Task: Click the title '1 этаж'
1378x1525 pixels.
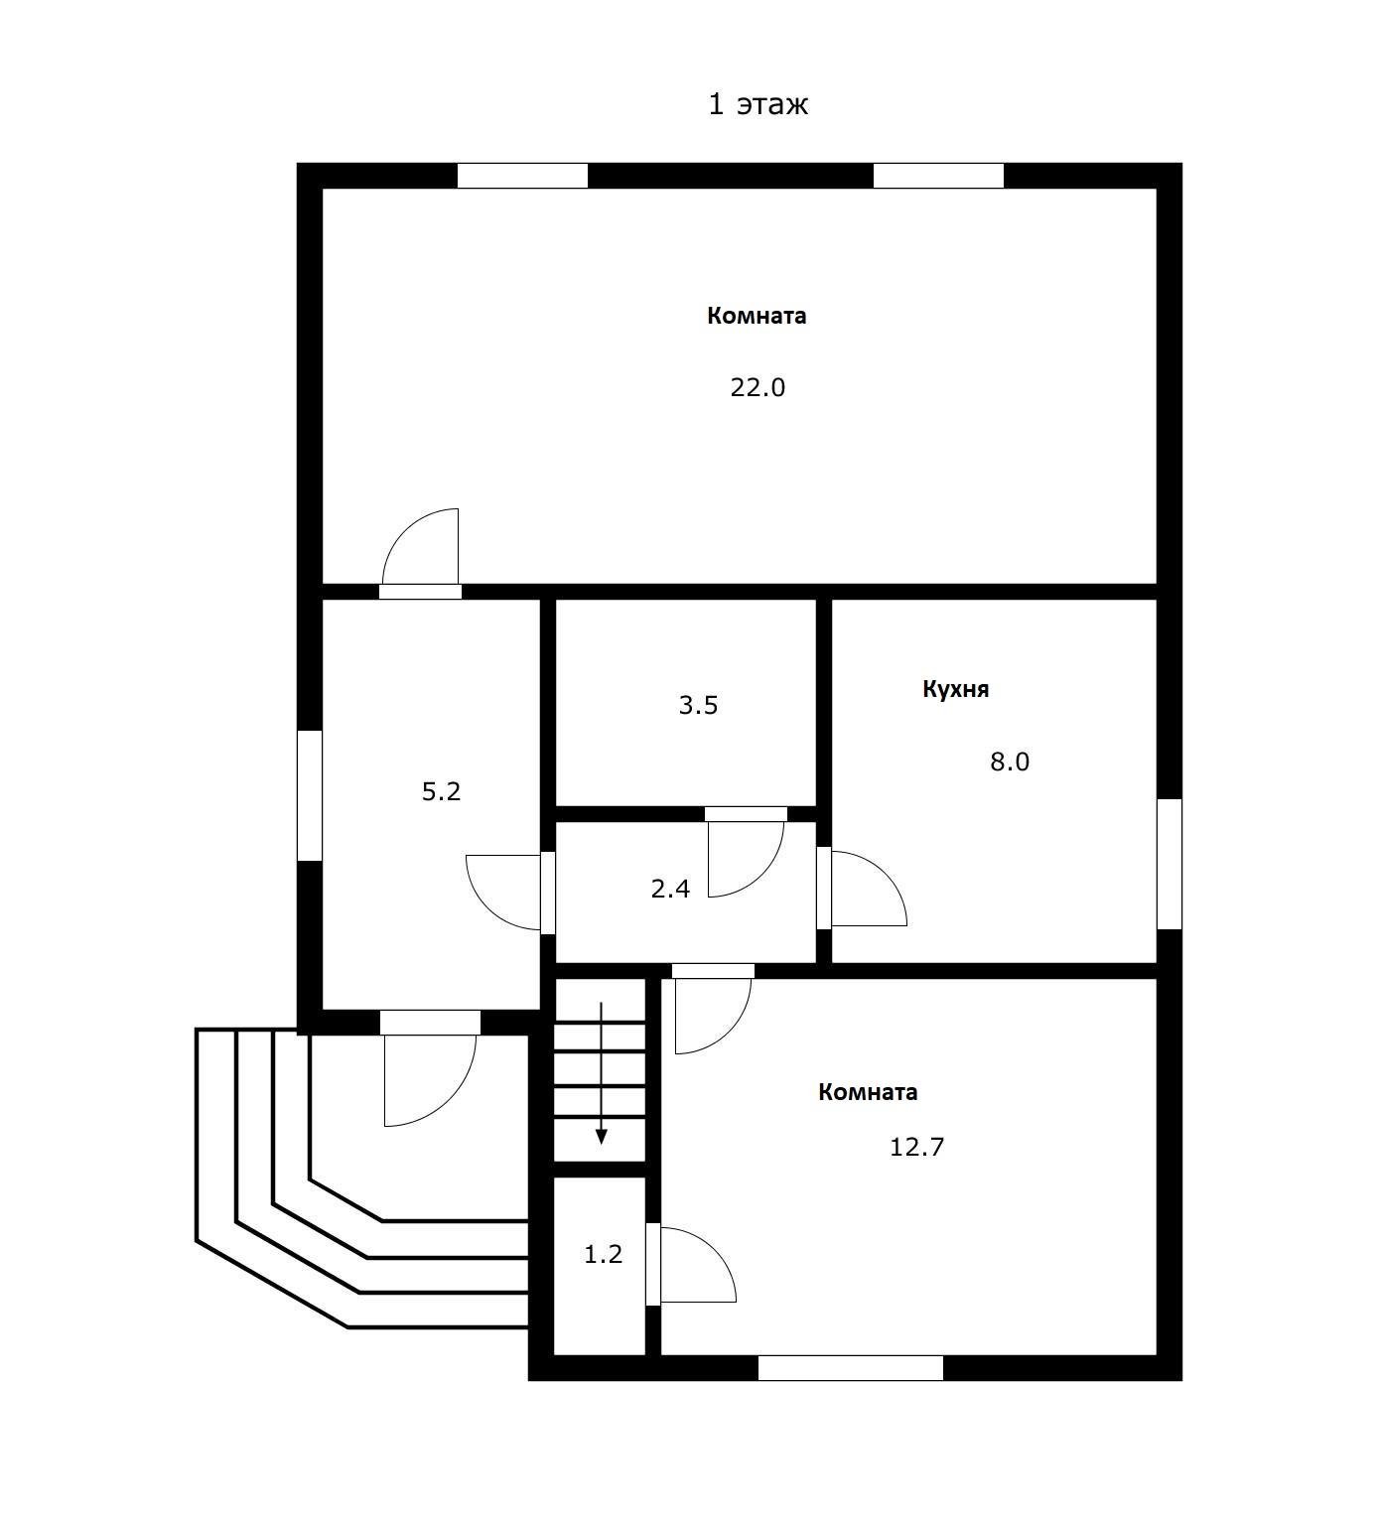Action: point(758,104)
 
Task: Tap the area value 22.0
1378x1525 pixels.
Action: point(758,387)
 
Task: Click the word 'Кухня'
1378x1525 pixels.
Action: point(955,689)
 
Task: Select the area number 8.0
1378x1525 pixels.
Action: point(1010,762)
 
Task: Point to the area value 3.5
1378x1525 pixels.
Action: point(698,705)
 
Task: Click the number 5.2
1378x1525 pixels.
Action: point(442,791)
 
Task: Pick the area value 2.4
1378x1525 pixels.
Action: point(670,889)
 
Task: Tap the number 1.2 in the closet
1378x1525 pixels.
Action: point(603,1254)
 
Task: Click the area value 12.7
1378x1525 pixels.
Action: point(916,1147)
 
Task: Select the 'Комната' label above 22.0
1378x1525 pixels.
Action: point(757,316)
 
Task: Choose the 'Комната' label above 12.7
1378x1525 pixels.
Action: point(868,1092)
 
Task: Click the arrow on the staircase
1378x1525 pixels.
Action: point(601,1073)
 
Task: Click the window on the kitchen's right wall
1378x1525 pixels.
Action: point(1170,864)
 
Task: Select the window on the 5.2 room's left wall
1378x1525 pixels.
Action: point(310,795)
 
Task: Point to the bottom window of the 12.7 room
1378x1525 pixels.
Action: point(851,1368)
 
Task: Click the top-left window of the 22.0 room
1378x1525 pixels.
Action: point(522,176)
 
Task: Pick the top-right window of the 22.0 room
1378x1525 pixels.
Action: point(938,176)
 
